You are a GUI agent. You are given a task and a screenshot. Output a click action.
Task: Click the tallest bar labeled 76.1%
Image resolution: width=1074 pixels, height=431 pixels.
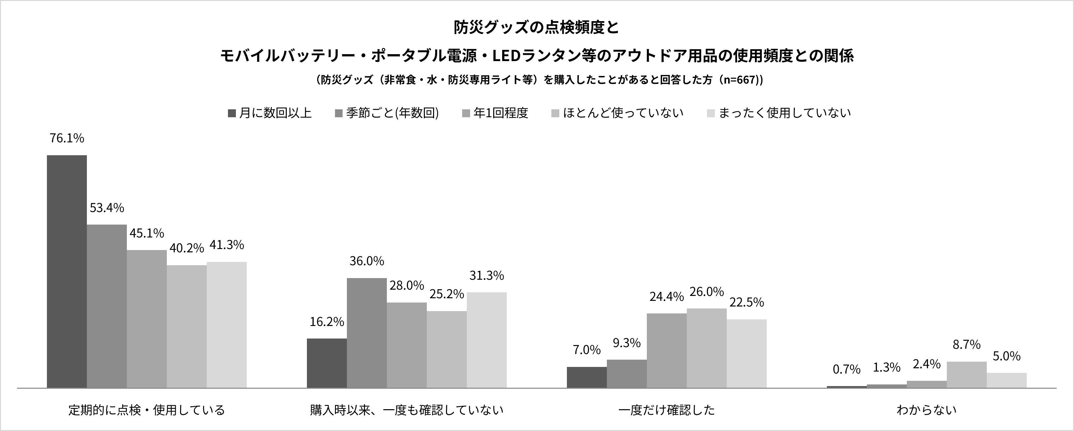pyautogui.click(x=67, y=271)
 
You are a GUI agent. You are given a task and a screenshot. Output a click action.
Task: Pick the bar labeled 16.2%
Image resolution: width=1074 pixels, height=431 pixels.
pyautogui.click(x=327, y=363)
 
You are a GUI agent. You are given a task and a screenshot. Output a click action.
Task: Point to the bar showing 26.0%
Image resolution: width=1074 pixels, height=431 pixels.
pyautogui.click(x=707, y=348)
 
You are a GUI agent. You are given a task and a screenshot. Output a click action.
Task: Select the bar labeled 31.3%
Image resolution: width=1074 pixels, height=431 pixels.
pyautogui.click(x=487, y=340)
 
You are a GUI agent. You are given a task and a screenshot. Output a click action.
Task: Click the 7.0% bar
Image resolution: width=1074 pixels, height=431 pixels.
pyautogui.click(x=587, y=377)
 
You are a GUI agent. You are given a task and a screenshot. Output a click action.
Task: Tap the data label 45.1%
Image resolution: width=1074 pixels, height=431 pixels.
pyautogui.click(x=147, y=233)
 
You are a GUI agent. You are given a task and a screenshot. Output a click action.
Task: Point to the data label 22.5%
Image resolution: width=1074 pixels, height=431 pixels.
pyautogui.click(x=747, y=302)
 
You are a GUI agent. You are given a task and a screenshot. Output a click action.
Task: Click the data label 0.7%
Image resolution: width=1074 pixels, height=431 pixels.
pyautogui.click(x=846, y=369)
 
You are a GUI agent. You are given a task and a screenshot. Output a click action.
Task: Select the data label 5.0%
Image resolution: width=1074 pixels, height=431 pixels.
pyautogui.click(x=1007, y=356)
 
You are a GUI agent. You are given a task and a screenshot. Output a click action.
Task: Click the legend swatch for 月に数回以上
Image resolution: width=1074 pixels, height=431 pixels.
pyautogui.click(x=232, y=113)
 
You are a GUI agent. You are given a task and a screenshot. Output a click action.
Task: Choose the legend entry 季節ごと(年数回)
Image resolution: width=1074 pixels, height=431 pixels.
pyautogui.click(x=387, y=113)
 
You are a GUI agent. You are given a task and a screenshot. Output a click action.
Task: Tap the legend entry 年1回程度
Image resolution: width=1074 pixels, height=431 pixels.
pyautogui.click(x=495, y=113)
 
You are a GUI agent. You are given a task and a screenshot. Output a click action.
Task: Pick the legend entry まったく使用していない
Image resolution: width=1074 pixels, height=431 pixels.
pyautogui.click(x=779, y=113)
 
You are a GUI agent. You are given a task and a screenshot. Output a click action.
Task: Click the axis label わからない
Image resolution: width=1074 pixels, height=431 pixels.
pyautogui.click(x=926, y=410)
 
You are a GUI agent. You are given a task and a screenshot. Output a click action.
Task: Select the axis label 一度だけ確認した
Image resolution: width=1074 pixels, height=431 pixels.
pyautogui.click(x=667, y=410)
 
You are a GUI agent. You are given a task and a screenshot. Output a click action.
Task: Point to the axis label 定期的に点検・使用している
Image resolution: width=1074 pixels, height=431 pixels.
pyautogui.click(x=147, y=410)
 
